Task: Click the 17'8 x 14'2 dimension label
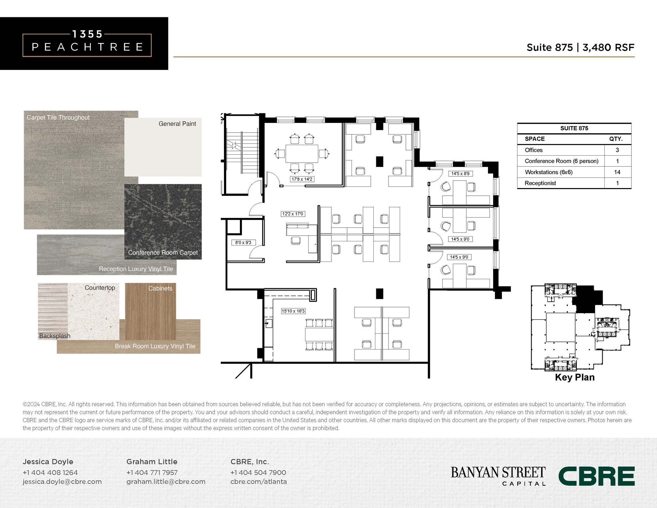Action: (302, 179)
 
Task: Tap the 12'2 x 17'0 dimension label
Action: (293, 214)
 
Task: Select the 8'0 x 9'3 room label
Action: (243, 243)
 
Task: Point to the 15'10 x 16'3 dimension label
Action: (293, 311)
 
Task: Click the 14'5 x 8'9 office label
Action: (460, 174)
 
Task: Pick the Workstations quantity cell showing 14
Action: (617, 172)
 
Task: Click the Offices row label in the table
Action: (533, 150)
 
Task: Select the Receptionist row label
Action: (540, 183)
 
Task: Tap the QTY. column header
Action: (616, 139)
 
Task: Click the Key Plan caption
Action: (575, 377)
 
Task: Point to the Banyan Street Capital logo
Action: (498, 476)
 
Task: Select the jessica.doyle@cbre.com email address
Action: (62, 481)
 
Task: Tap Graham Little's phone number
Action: (152, 472)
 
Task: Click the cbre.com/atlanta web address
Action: (259, 481)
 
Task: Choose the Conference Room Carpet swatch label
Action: (163, 253)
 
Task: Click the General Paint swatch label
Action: (177, 124)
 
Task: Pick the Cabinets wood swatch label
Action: (160, 288)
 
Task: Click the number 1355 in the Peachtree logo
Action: (87, 34)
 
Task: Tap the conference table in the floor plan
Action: (302, 154)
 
